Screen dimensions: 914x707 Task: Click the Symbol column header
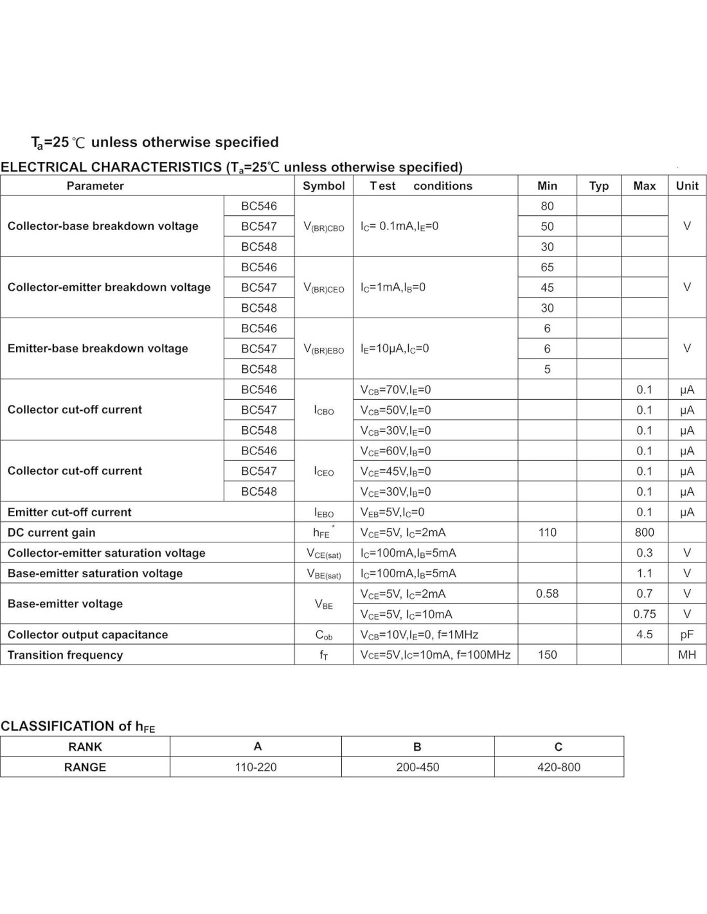pos(323,186)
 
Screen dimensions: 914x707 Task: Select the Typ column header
pos(598,186)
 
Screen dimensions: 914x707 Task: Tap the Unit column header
pos(686,186)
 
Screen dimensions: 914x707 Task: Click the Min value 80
pos(547,206)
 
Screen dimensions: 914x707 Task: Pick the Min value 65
pos(547,267)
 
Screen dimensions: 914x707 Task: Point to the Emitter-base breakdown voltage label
pos(98,348)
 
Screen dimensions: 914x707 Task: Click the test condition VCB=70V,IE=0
pos(395,390)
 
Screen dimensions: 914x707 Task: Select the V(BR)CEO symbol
pos(323,288)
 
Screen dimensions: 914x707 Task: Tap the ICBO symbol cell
pos(323,410)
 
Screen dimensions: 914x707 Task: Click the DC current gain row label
pos(51,532)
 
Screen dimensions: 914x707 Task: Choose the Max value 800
pos(644,532)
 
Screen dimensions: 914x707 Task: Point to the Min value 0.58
pos(547,593)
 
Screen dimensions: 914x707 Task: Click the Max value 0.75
pos(644,614)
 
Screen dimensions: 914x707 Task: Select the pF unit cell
pos(686,634)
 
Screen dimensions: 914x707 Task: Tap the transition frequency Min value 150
pos(547,654)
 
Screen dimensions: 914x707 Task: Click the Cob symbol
pos(323,635)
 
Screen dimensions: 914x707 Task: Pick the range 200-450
pos(418,767)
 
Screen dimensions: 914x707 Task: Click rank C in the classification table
pos(558,747)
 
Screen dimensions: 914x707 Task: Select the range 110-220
pos(256,767)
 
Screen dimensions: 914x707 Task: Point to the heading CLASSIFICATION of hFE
pos(78,726)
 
